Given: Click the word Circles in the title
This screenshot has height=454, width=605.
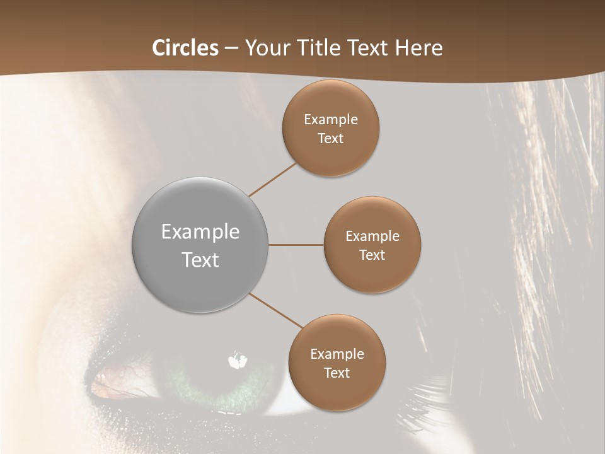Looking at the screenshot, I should pos(185,48).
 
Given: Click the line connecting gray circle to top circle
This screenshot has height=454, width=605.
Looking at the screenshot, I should pos(273,179).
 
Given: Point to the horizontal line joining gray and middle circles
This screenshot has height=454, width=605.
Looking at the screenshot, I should pos(296,245).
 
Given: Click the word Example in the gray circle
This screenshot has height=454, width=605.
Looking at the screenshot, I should pos(200,232).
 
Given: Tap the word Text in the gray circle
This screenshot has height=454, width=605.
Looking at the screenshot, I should pos(200,260).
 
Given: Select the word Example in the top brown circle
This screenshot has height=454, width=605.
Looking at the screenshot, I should pos(330,120).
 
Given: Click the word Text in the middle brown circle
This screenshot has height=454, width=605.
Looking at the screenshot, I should pos(372,255).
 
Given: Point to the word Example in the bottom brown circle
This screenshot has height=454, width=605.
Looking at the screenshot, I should pos(337,354).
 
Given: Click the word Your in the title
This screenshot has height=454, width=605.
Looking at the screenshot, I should pos(264,48).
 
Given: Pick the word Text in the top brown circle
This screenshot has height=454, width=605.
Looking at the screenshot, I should pos(330,139).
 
